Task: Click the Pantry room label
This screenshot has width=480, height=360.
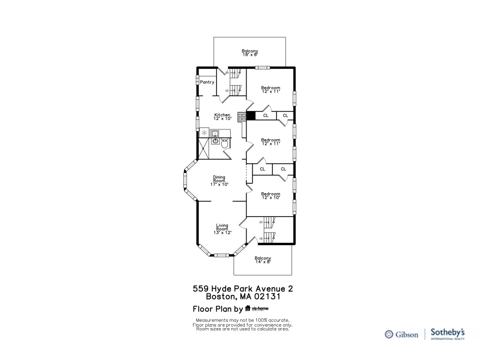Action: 207,82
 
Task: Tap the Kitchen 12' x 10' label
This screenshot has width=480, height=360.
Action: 222,117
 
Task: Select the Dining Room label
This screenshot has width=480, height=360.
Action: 219,180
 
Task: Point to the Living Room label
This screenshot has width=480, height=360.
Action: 222,229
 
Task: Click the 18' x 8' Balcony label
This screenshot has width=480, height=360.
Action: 250,52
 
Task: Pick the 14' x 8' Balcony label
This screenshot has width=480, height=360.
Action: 262,260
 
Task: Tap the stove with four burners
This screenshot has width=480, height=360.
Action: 242,117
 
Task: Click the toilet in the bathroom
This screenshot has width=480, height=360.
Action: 225,143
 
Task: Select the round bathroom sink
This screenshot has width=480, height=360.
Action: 215,141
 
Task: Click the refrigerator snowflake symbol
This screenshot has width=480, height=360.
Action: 204,133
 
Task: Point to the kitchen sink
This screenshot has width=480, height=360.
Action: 215,133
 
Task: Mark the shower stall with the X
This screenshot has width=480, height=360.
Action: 204,149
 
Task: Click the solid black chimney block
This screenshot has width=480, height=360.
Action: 251,116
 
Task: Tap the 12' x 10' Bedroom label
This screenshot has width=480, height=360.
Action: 270,195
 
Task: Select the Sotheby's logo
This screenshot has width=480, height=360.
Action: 448,334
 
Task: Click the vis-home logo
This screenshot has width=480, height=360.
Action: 256,308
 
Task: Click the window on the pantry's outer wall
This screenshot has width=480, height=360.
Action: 197,82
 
